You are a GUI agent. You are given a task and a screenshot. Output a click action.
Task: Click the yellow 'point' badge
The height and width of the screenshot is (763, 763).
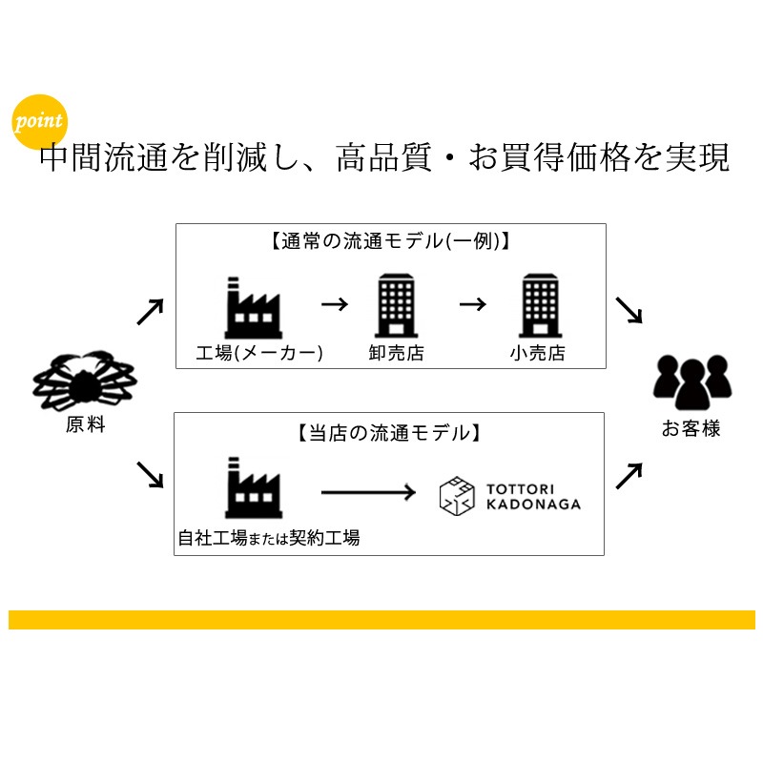(40, 120)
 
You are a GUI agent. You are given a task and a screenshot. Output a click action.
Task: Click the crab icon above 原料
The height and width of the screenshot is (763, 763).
(85, 379)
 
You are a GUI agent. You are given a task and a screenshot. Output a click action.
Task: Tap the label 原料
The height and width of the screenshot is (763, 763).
(85, 425)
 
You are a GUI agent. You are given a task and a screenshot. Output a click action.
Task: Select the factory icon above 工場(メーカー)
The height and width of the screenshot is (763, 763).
(253, 304)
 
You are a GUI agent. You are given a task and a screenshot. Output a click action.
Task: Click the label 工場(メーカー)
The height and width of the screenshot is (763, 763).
(259, 353)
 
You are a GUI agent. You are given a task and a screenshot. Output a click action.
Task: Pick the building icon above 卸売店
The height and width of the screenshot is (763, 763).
(396, 304)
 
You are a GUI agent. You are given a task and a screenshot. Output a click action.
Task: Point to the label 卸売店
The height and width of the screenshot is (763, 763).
(396, 353)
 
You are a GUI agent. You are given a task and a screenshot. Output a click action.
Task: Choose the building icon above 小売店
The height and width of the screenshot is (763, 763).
(537, 304)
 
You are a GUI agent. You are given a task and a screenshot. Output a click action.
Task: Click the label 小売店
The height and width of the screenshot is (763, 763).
(537, 353)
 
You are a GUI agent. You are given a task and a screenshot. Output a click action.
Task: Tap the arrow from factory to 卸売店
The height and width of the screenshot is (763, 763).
(335, 304)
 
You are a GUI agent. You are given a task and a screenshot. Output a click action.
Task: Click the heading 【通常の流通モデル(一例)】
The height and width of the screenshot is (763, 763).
(390, 241)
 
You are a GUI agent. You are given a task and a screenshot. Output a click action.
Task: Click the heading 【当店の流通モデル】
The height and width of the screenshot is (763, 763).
(388, 432)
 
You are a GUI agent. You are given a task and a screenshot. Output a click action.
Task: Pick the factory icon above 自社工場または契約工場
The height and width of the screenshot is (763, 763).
(253, 489)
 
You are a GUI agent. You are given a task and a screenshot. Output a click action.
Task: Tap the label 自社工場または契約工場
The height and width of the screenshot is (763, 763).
(269, 538)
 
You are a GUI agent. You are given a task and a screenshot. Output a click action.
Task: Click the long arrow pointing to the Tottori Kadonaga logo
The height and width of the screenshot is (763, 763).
(367, 492)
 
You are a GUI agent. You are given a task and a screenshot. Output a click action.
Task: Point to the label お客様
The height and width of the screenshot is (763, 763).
(691, 429)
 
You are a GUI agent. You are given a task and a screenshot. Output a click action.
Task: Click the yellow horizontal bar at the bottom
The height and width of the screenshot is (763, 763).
(381, 620)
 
